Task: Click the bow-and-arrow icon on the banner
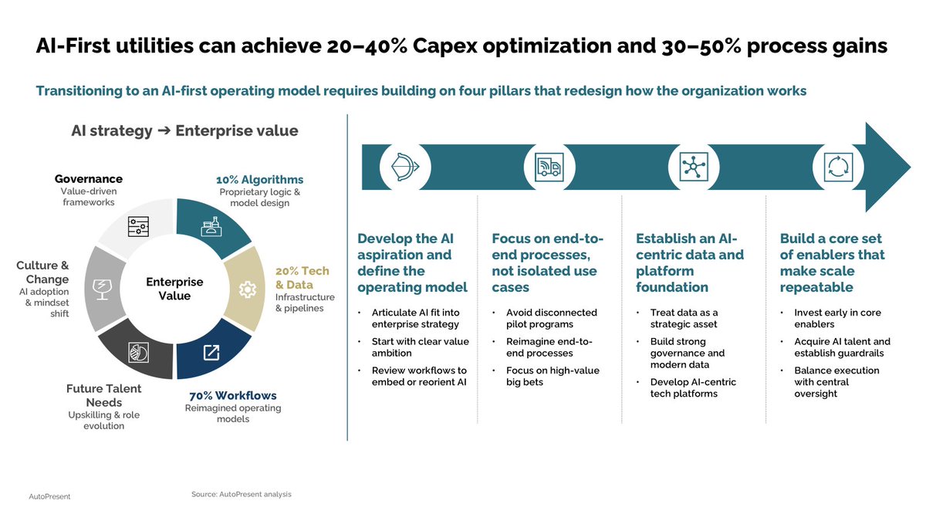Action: (x=405, y=167)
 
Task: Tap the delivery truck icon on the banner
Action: (x=549, y=167)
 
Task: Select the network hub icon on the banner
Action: (x=694, y=167)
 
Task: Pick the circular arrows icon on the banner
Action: (x=838, y=167)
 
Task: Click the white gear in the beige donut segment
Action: (x=247, y=289)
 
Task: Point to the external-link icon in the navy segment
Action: (x=211, y=353)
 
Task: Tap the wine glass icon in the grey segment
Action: (x=102, y=289)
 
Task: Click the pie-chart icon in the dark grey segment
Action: (x=138, y=353)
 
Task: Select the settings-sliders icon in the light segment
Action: (x=138, y=227)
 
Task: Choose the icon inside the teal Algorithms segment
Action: (x=211, y=227)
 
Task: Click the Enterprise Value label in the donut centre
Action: (x=174, y=289)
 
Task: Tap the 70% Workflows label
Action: (x=233, y=396)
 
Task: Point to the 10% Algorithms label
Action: (x=259, y=180)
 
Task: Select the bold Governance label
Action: (x=89, y=178)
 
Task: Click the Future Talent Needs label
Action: (x=103, y=395)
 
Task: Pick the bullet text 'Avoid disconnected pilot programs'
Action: (x=552, y=318)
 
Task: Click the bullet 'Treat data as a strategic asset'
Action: (x=684, y=318)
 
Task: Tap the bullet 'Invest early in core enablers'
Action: (x=837, y=318)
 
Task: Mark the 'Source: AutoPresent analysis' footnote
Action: (x=242, y=494)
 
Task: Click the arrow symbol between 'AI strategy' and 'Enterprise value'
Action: (x=164, y=130)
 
